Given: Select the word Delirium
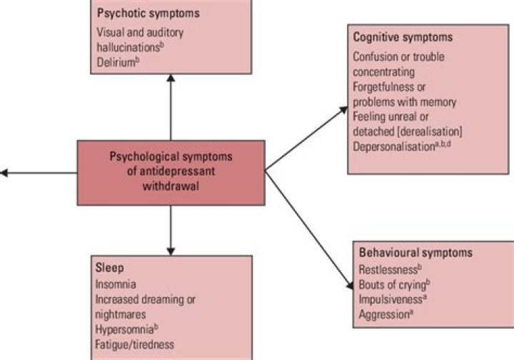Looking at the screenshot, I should click(115, 62).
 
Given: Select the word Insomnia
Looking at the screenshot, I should click(116, 284).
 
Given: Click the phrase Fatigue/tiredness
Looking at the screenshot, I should click(136, 345).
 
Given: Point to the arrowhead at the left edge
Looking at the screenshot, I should click(4, 172).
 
